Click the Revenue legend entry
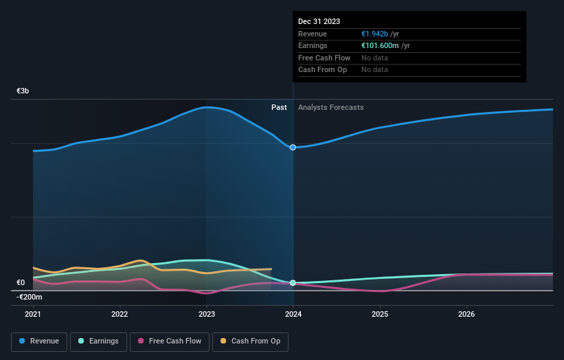[39, 341]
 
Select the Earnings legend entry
[98, 341]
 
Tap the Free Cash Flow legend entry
[169, 341]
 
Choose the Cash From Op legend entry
[250, 341]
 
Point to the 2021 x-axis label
[33, 314]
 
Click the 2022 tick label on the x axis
[120, 314]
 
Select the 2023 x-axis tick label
[207, 314]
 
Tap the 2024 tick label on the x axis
[293, 314]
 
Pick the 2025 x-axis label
[380, 314]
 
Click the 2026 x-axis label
[466, 314]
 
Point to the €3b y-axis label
[23, 91]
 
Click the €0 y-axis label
[21, 282]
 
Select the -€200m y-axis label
[30, 297]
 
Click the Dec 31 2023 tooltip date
[319, 22]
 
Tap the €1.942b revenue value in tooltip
[376, 34]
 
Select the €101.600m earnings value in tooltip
[381, 46]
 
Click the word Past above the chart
[279, 107]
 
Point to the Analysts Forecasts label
[331, 107]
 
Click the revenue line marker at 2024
[293, 147]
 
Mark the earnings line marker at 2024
[293, 282]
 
